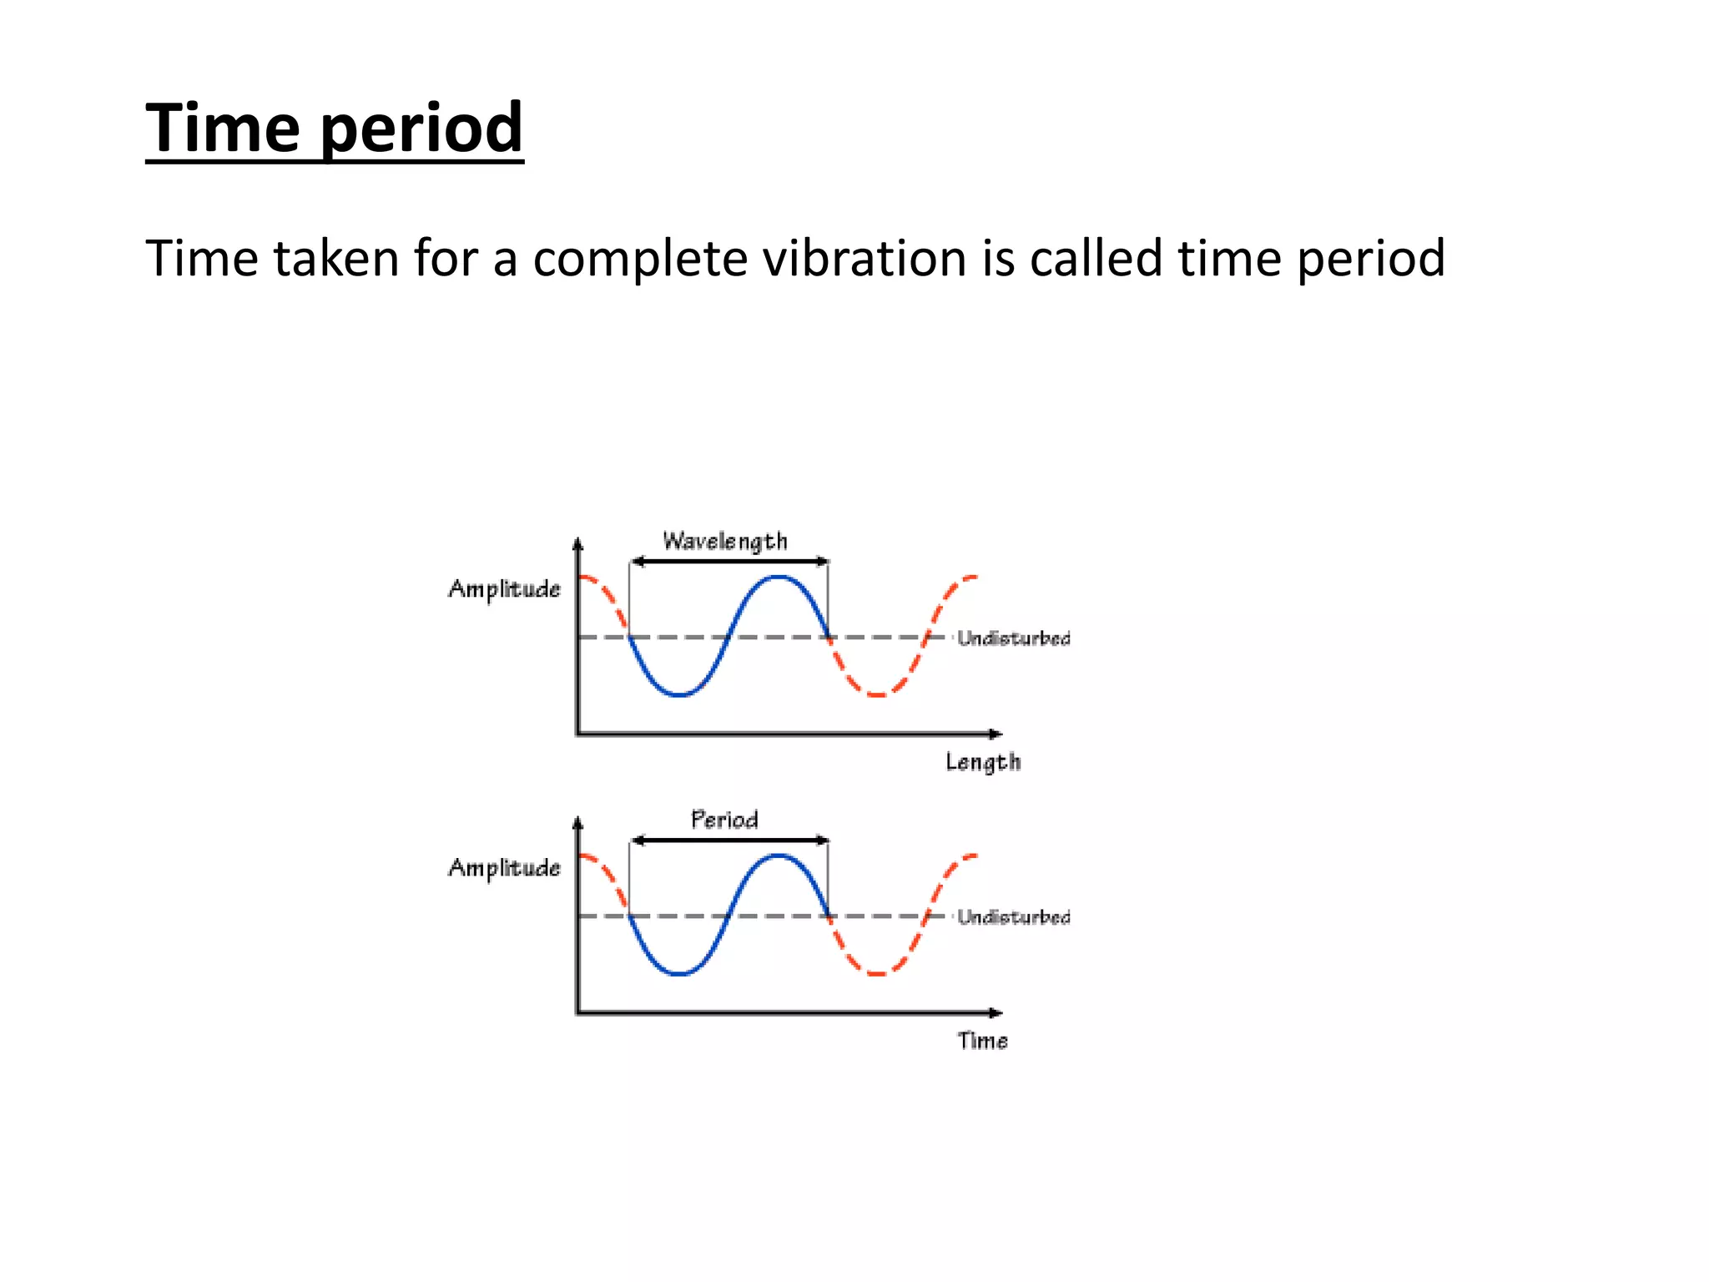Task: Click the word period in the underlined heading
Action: [421, 129]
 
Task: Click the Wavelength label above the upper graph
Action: [724, 542]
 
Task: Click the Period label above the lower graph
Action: [724, 820]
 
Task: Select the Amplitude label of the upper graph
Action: [504, 589]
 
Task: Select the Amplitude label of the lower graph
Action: [504, 868]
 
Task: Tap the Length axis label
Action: [982, 762]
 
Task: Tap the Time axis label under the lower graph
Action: [982, 1041]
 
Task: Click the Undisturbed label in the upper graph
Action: [1013, 638]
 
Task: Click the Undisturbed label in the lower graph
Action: [1013, 917]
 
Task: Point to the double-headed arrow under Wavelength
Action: [728, 562]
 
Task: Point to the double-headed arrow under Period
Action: [728, 840]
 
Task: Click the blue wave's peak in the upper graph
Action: [778, 578]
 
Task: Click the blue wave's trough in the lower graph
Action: [680, 973]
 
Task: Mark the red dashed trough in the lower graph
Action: [877, 973]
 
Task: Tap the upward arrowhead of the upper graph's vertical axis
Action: [577, 544]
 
